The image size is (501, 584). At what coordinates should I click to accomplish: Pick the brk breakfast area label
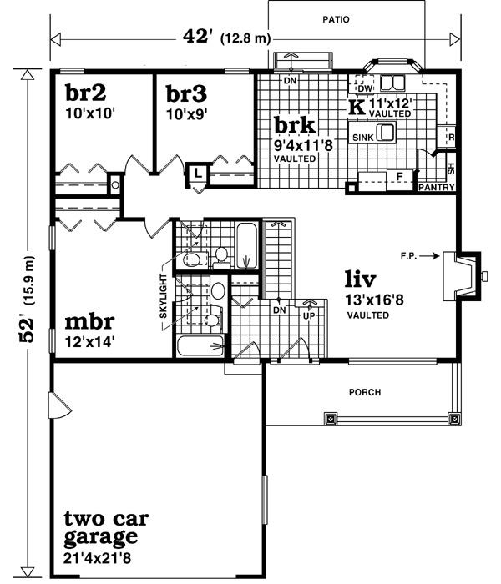[x=295, y=126]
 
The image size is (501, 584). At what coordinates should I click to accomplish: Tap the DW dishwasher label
[x=364, y=88]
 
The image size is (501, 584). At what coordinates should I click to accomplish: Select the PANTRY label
[x=437, y=188]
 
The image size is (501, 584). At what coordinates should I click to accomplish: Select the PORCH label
[x=365, y=392]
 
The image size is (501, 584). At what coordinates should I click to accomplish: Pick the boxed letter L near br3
[x=195, y=171]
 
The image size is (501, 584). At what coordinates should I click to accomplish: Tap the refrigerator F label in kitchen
[x=400, y=176]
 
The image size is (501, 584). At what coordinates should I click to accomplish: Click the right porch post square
[x=454, y=418]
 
